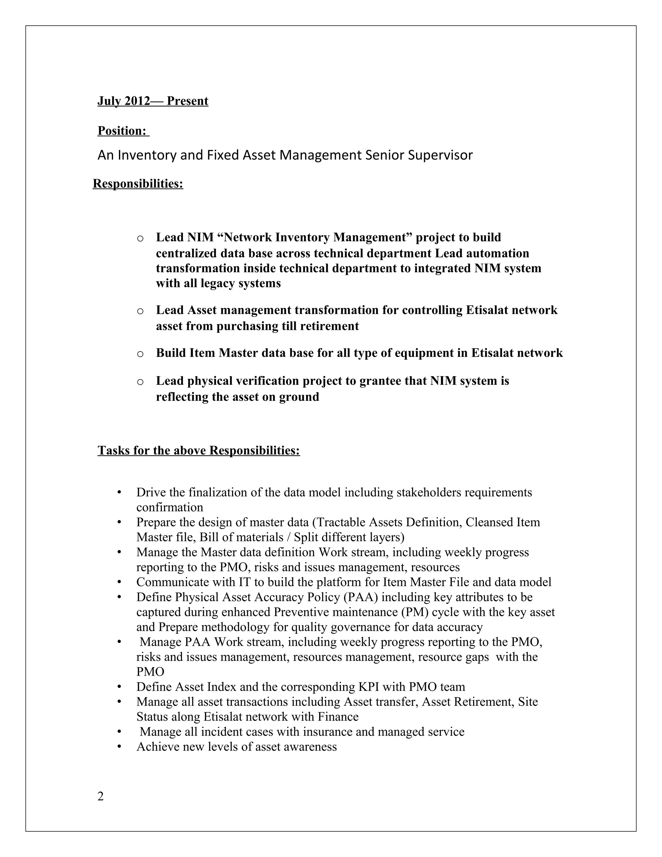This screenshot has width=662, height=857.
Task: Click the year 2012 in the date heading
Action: [x=137, y=101]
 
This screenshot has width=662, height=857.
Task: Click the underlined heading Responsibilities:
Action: [x=138, y=183]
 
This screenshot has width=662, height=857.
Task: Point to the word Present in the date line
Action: [x=187, y=101]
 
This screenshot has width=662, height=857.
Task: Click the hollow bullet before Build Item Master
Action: [x=140, y=354]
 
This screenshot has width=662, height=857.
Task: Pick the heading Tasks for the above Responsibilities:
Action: [x=198, y=450]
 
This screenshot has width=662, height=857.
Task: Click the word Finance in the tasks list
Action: [x=338, y=717]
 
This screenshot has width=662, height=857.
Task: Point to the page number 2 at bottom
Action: [x=101, y=797]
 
